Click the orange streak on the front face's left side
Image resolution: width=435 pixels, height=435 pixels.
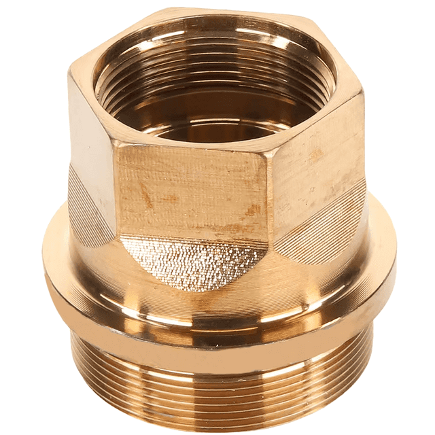tap(146, 197)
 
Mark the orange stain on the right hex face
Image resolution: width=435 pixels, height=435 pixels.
tap(314, 155)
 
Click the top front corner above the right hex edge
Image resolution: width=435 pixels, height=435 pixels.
tap(269, 151)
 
